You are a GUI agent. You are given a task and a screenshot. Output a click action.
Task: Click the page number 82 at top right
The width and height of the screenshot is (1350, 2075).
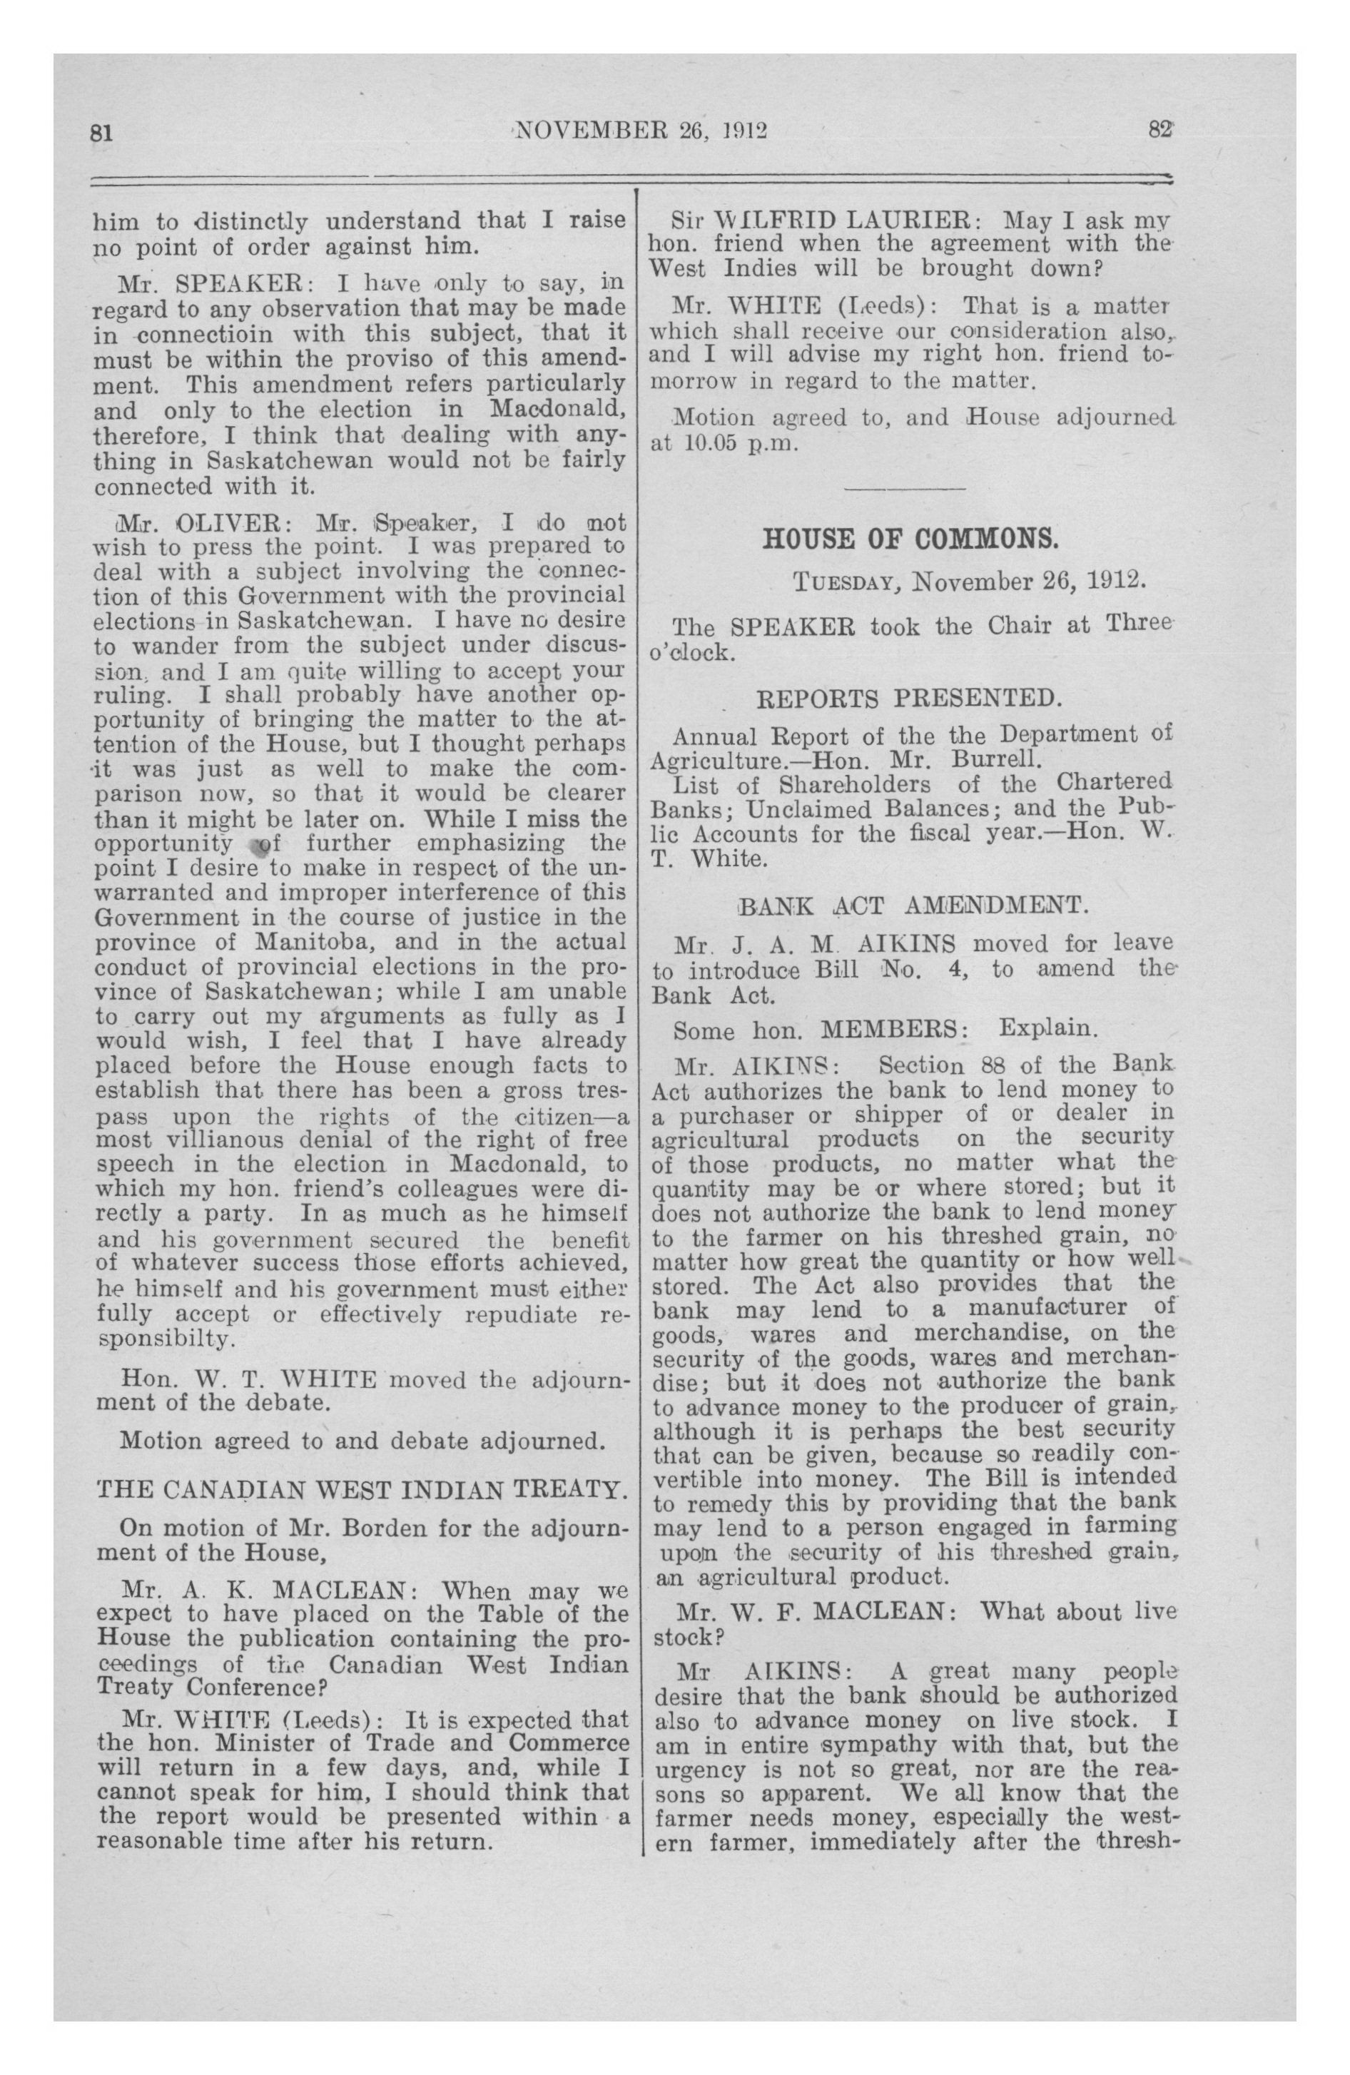coord(1161,129)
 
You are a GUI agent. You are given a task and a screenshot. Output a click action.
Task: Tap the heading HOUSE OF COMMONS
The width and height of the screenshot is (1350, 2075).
coord(910,539)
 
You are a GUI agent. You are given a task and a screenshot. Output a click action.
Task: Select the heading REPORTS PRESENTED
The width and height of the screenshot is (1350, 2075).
coord(910,699)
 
